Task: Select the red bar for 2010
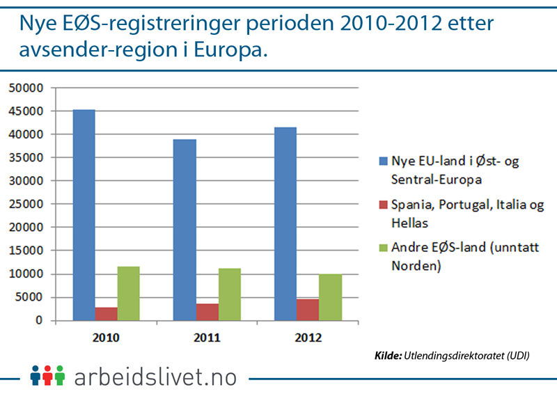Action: click(106, 314)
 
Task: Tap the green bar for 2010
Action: click(128, 293)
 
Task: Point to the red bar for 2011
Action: click(207, 312)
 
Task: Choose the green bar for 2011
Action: click(230, 294)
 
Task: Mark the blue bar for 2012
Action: click(285, 223)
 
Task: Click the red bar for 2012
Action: click(308, 310)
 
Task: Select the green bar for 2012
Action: click(330, 297)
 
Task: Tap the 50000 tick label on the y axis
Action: click(25, 88)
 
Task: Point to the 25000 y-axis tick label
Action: click(25, 204)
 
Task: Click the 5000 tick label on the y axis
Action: click(29, 297)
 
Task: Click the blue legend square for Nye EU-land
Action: click(381, 162)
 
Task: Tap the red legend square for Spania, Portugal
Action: click(381, 205)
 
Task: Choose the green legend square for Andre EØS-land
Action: click(381, 248)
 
